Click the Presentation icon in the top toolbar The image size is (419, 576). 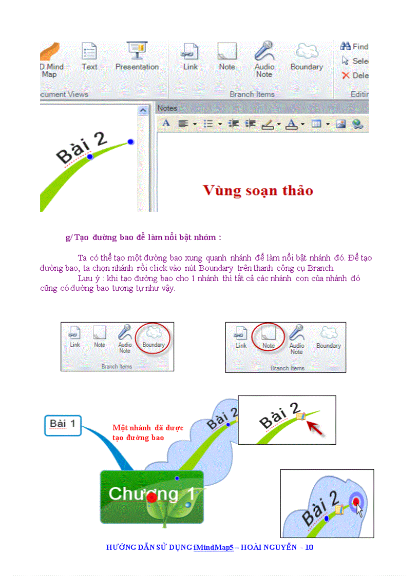[x=137, y=52]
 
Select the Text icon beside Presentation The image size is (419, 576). [x=89, y=52]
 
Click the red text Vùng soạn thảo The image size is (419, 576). [x=258, y=190]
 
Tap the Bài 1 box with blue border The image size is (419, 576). [x=63, y=425]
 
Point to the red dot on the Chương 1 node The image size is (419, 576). [x=151, y=498]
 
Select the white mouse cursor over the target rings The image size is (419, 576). [x=360, y=510]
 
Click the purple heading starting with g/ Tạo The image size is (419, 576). [x=143, y=237]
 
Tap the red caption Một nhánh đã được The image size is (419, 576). [x=148, y=428]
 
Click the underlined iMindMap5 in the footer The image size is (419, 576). [x=213, y=547]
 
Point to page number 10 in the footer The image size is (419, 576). [x=309, y=547]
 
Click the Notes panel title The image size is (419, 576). [x=167, y=108]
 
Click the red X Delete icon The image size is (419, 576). [x=346, y=75]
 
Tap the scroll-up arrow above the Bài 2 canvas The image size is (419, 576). [x=143, y=110]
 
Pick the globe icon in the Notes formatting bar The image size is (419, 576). [x=357, y=124]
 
